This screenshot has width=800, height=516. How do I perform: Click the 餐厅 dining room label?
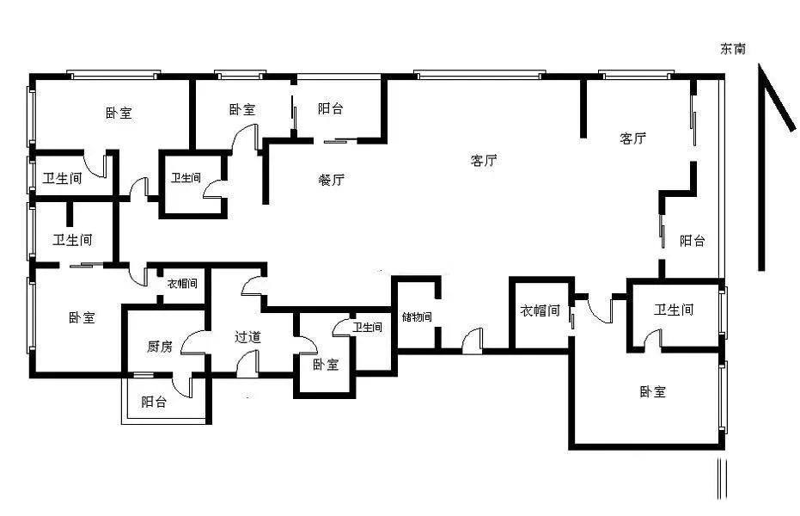point(332,181)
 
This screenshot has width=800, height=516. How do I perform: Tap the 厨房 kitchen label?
point(160,347)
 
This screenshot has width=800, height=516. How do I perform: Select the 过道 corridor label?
point(247,337)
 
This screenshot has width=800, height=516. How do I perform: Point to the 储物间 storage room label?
point(416,317)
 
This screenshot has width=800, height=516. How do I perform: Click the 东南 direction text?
point(733,49)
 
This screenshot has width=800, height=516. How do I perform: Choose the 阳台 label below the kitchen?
point(154,402)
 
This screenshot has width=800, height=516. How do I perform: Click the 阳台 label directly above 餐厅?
point(331,109)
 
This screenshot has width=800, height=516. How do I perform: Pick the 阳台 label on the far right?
point(693,241)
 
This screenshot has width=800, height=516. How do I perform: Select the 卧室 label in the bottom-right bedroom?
point(653,392)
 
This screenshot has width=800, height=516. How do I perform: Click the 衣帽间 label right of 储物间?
point(540,310)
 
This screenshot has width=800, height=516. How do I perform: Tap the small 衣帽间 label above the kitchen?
point(182,283)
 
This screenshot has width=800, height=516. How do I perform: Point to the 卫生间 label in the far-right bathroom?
point(674,310)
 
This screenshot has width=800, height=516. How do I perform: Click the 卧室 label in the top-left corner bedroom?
point(119,113)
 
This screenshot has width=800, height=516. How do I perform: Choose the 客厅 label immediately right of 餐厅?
point(485,160)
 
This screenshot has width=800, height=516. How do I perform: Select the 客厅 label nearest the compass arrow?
point(633,138)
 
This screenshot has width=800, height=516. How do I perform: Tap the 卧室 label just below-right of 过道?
point(325,365)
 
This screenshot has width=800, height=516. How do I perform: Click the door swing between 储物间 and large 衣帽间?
point(472,341)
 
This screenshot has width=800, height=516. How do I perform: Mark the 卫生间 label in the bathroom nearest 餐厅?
point(186,179)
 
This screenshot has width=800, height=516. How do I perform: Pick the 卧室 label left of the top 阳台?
point(242,110)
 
